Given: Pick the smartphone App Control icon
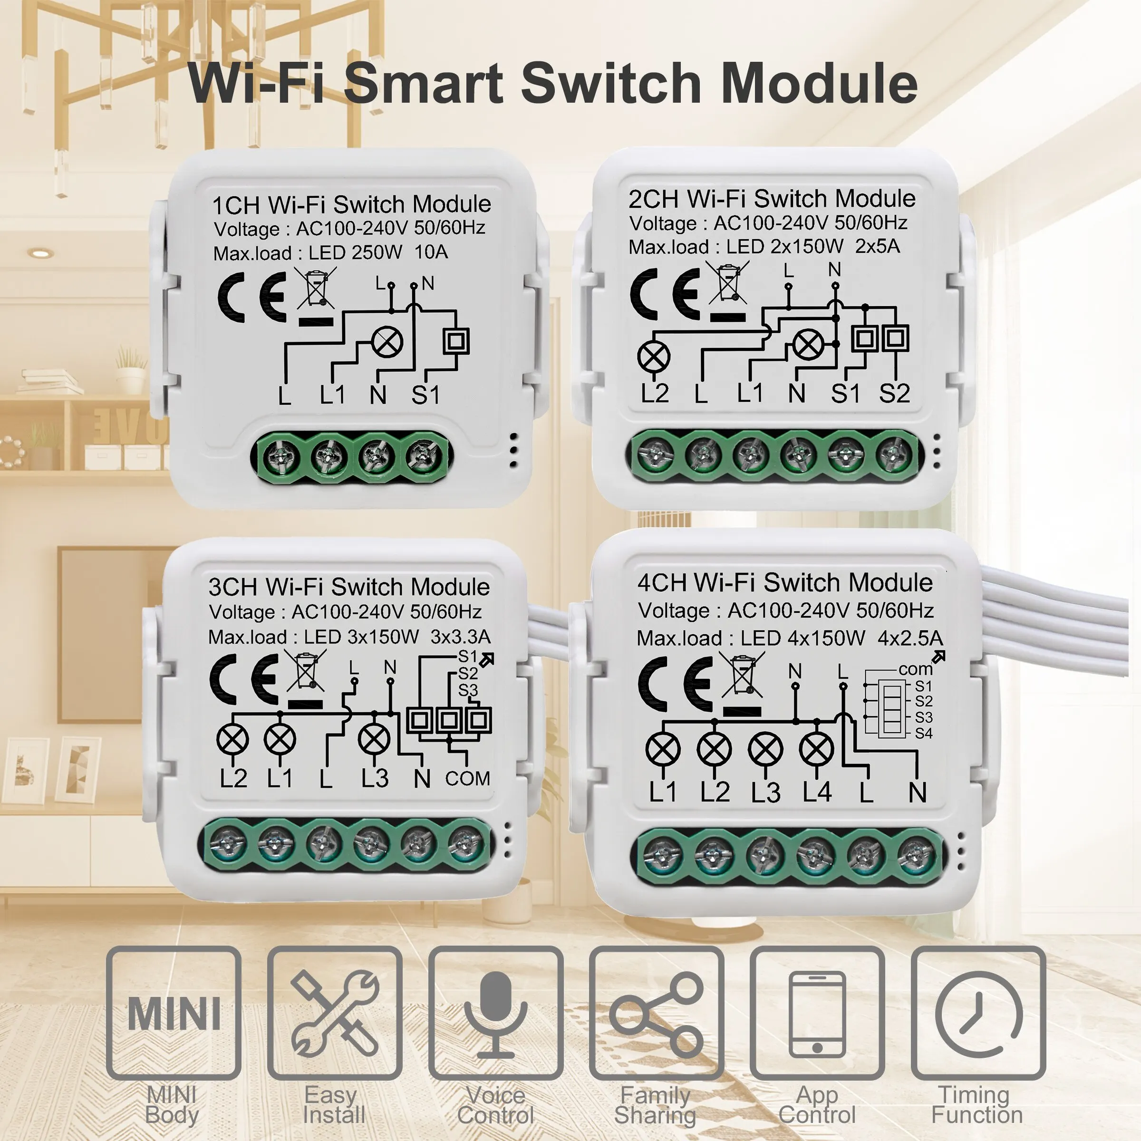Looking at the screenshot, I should tap(817, 1014).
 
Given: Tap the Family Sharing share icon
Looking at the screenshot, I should tap(656, 1014).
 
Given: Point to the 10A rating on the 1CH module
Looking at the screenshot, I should tap(431, 252).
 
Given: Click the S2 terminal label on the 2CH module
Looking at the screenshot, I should tap(894, 393).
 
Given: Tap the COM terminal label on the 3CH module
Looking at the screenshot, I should tap(468, 778).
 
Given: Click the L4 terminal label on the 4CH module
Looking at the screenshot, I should tap(817, 792).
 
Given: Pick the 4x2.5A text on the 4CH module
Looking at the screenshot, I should tap(910, 638).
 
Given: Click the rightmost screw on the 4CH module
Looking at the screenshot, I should tap(915, 856).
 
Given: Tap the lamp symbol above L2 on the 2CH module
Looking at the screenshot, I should tap(654, 357).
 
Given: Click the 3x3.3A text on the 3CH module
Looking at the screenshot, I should tap(460, 637).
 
